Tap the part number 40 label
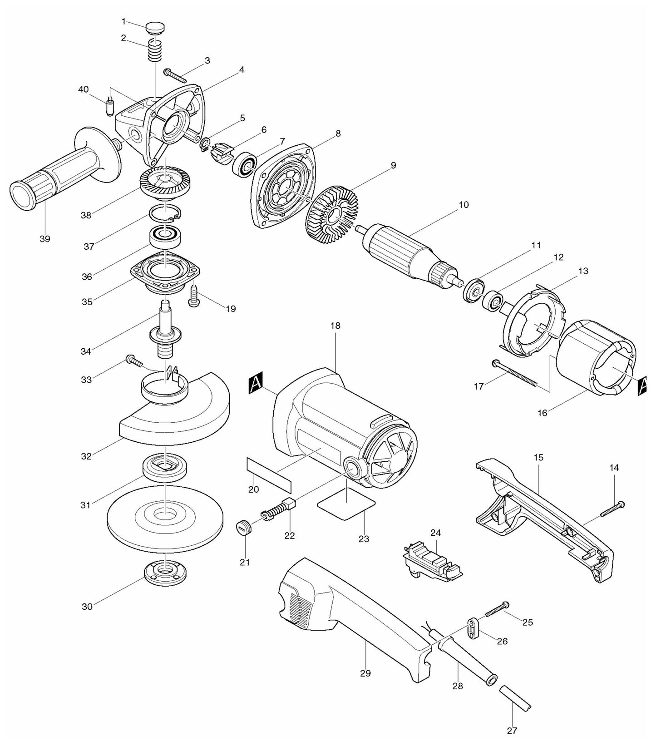(83, 89)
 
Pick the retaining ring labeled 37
(165, 213)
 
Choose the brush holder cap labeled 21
(244, 528)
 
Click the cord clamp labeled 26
(473, 629)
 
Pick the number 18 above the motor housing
(335, 326)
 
